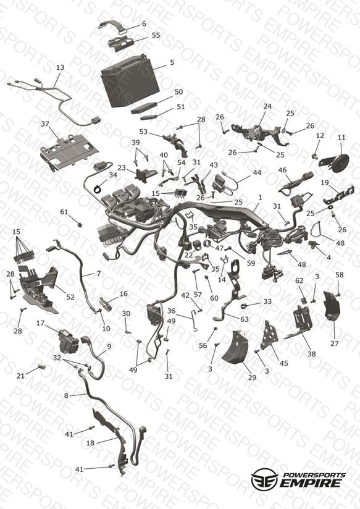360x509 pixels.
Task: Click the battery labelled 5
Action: click(130, 81)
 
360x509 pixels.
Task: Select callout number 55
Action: click(156, 35)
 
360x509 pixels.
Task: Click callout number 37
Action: click(45, 124)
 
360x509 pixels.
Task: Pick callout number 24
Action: click(267, 106)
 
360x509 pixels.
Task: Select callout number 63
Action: click(244, 319)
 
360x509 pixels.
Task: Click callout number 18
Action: click(90, 443)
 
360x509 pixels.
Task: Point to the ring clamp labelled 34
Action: click(97, 188)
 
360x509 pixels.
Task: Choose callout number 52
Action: click(70, 297)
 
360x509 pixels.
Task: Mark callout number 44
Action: click(257, 172)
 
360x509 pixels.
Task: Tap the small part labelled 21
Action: click(42, 366)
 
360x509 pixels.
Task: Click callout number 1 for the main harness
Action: click(260, 198)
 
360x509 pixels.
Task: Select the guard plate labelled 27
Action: click(332, 307)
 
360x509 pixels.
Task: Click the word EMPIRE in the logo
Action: click(309, 482)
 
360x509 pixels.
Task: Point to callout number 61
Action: click(64, 212)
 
